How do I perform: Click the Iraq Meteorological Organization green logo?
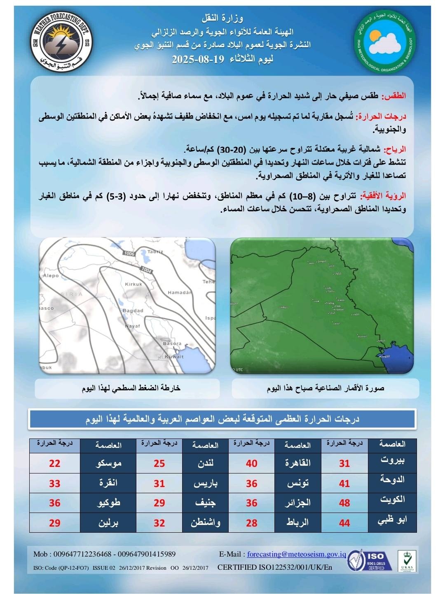click(x=385, y=42)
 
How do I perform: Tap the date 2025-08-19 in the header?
click(x=198, y=59)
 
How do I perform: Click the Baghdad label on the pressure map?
click(x=133, y=310)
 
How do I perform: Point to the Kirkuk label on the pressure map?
click(x=133, y=284)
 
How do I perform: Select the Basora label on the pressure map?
click(x=172, y=343)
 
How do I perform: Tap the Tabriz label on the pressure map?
click(x=155, y=252)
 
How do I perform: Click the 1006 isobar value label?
click(x=129, y=254)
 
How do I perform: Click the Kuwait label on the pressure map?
click(x=174, y=357)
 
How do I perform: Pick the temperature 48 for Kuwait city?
click(x=344, y=503)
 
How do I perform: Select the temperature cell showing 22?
click(x=54, y=463)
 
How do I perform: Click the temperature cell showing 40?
click(x=251, y=463)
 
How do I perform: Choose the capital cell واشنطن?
click(x=205, y=522)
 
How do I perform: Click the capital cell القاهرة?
click(x=298, y=463)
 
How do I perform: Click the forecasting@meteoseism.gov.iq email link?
click(x=296, y=554)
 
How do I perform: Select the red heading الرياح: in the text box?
click(x=394, y=149)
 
